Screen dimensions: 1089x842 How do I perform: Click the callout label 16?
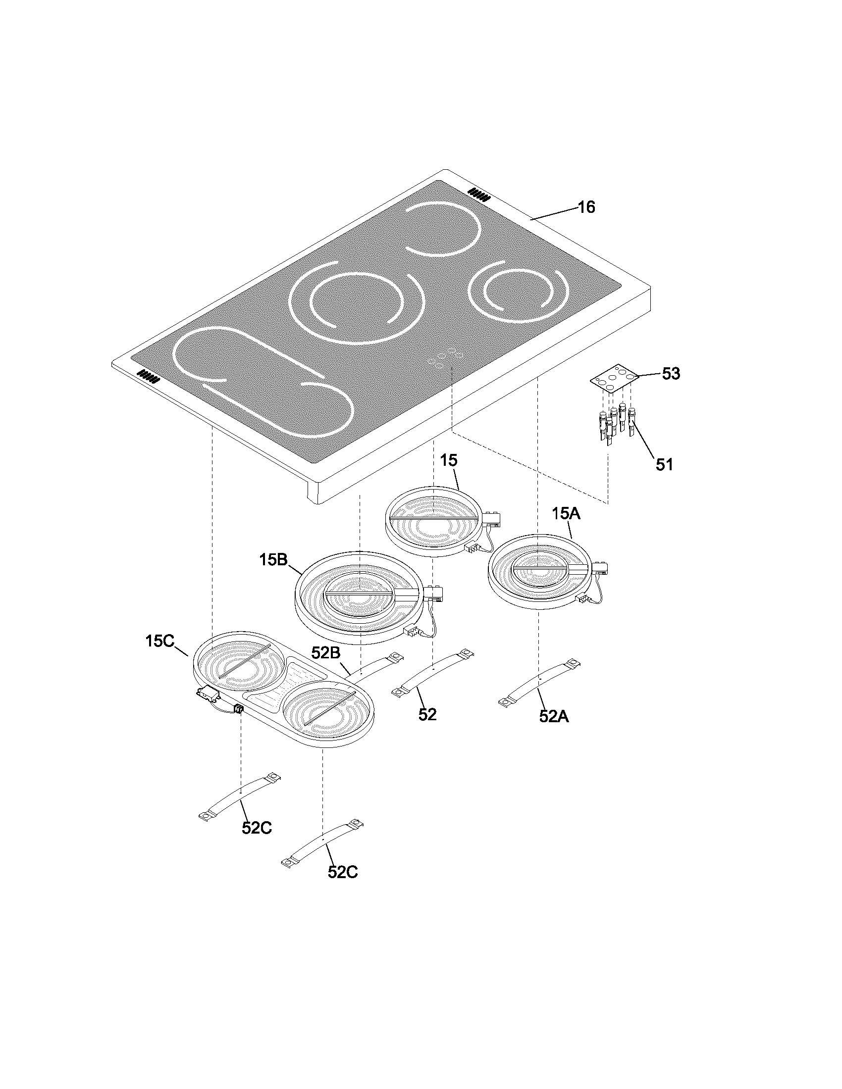(x=586, y=207)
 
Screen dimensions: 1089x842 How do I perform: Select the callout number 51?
(x=664, y=464)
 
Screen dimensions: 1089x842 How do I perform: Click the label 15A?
(x=566, y=514)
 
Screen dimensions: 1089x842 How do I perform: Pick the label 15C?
(x=159, y=641)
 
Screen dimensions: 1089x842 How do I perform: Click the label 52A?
(x=554, y=716)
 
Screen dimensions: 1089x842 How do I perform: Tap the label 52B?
(x=326, y=652)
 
